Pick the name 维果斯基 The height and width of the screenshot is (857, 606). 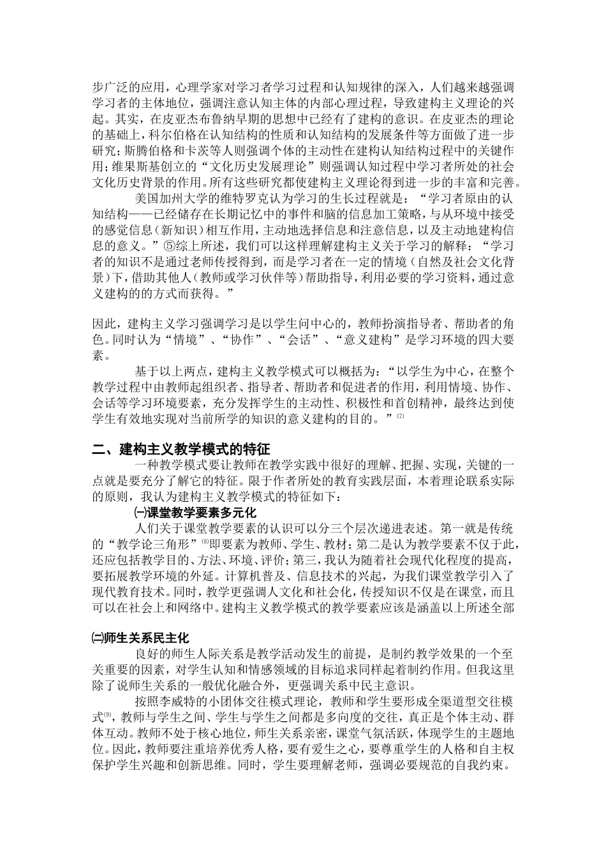[133, 166]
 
